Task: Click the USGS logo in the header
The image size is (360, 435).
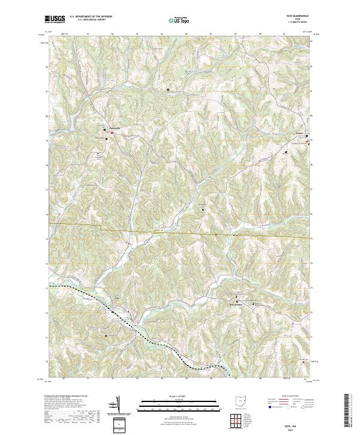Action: point(55,19)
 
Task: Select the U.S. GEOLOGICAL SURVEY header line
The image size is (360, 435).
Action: point(91,19)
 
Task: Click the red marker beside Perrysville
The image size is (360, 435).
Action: point(111,133)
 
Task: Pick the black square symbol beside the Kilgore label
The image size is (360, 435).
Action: point(308,137)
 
